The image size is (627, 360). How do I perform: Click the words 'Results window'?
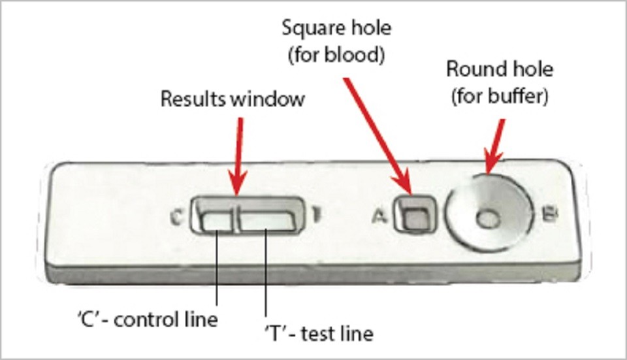click(x=233, y=99)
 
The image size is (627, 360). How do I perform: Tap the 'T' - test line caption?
click(x=319, y=334)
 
